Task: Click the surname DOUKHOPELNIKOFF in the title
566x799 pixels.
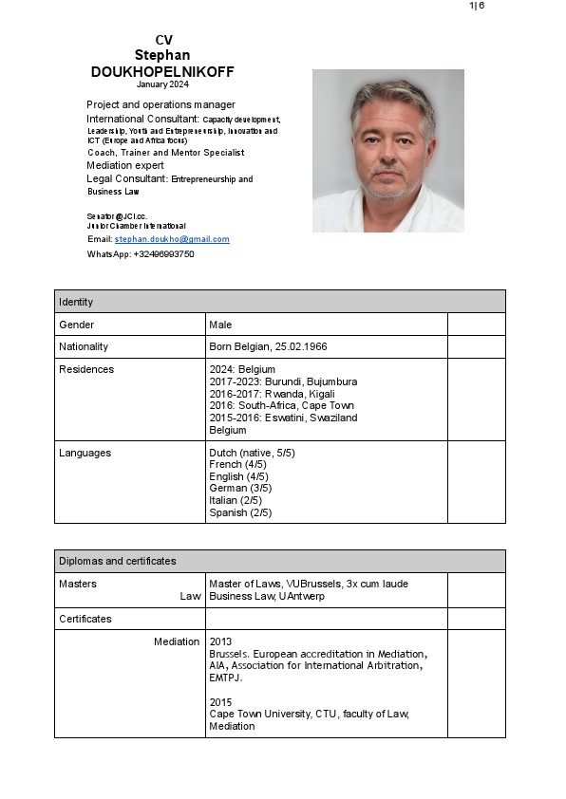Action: tap(162, 72)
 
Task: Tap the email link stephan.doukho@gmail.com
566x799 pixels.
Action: tap(172, 239)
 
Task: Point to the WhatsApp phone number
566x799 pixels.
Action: tap(163, 254)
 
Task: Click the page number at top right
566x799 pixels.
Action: tap(476, 6)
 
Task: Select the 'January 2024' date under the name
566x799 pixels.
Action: tap(162, 84)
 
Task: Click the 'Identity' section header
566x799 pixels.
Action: tap(76, 302)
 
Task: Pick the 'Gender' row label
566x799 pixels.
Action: tap(76, 325)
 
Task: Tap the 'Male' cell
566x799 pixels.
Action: tap(220, 325)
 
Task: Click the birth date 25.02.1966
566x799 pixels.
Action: tap(301, 346)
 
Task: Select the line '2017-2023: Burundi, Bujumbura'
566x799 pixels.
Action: tap(283, 381)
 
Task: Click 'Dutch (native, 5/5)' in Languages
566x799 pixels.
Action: tap(252, 453)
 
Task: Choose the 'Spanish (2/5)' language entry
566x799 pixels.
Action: tap(240, 512)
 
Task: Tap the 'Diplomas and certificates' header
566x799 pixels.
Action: tap(117, 561)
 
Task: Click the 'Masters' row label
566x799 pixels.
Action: tap(78, 584)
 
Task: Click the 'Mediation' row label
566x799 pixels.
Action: tap(177, 642)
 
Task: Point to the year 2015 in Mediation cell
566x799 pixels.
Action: tap(220, 702)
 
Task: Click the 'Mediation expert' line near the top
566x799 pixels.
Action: tap(125, 165)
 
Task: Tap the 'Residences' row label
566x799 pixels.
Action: tap(85, 369)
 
